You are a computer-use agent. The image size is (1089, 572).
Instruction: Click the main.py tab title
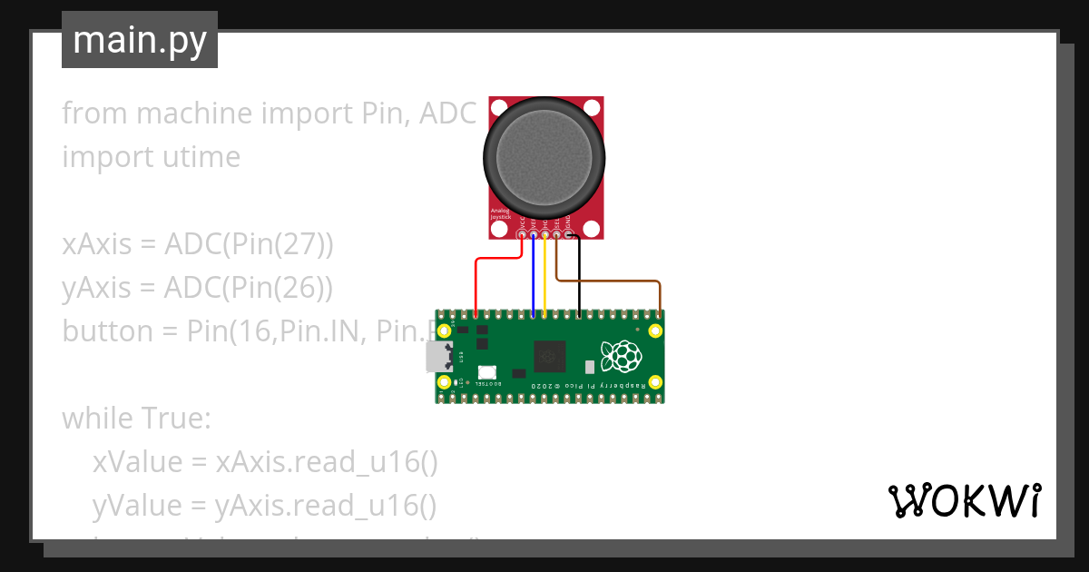140,41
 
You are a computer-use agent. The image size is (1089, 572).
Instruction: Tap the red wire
476,281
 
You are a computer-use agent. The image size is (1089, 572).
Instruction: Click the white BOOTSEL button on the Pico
487,371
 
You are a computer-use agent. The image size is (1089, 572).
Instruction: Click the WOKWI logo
964,500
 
